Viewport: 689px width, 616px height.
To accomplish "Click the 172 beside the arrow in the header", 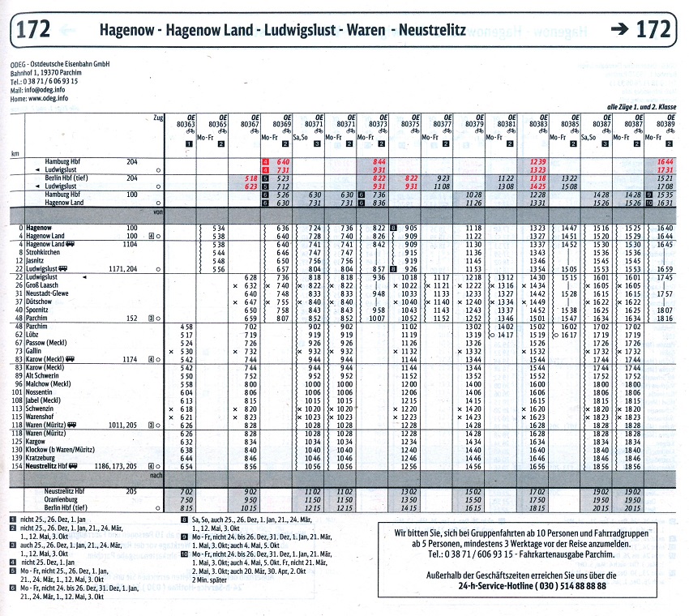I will tap(653, 30).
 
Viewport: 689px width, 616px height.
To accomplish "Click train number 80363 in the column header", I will tap(186, 124).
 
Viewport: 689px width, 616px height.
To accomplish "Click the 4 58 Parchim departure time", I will tap(186, 326).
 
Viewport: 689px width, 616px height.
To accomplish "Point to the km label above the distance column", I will tap(15, 152).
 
